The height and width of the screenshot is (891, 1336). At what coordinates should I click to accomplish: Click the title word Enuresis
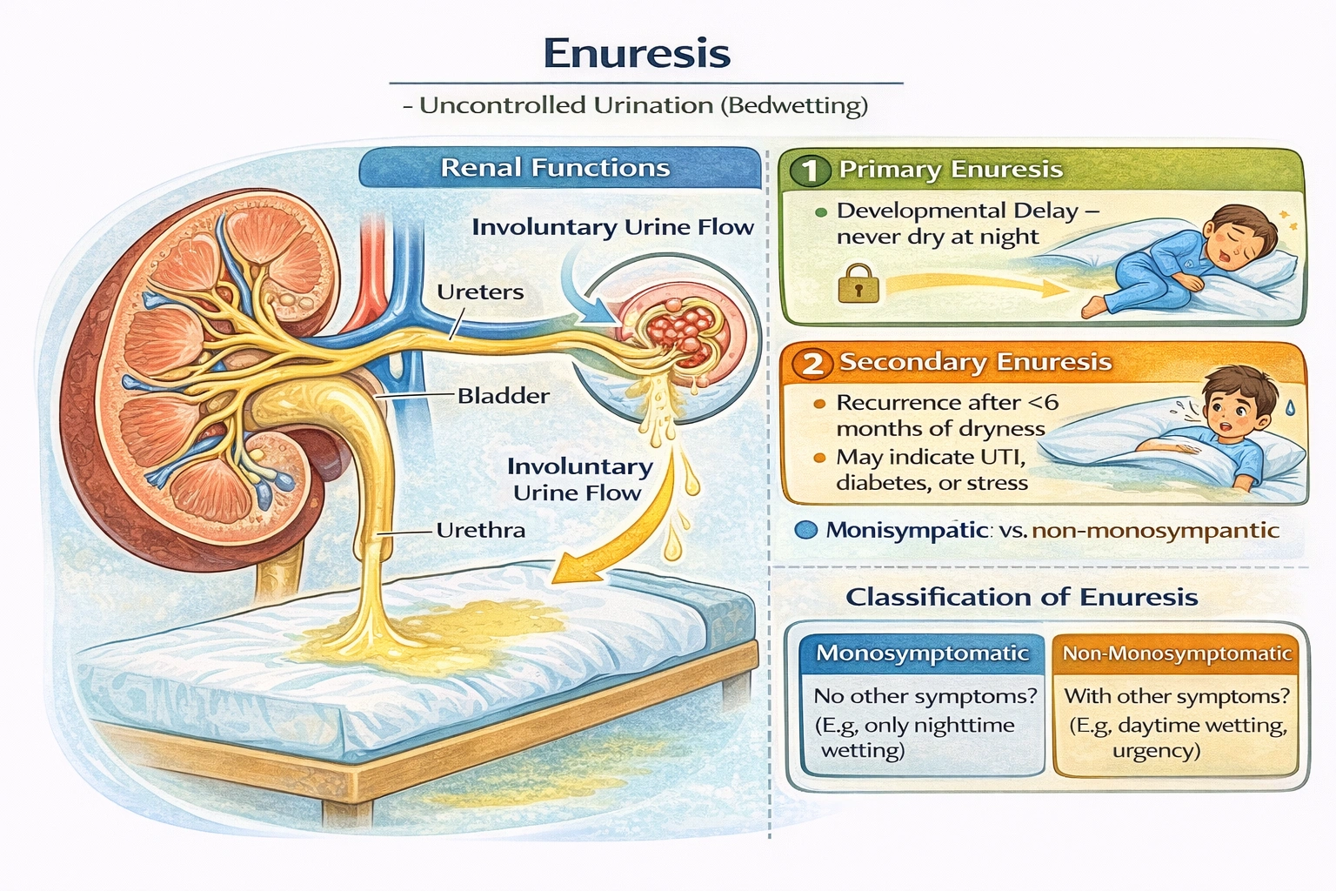click(x=637, y=53)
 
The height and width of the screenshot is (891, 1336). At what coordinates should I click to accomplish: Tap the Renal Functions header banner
click(x=557, y=167)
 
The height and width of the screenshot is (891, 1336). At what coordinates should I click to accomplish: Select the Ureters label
click(x=480, y=291)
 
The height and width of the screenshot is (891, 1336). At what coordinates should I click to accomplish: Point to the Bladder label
click(x=504, y=396)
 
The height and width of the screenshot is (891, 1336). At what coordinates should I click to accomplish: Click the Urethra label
click(x=481, y=530)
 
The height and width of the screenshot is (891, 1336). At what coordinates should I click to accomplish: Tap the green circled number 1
click(x=810, y=170)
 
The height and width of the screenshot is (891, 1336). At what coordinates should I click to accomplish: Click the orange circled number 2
click(x=812, y=362)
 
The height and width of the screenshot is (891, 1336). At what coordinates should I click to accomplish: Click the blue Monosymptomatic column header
click(x=922, y=653)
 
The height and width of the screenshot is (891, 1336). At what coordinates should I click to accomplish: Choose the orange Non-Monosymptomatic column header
click(x=1177, y=653)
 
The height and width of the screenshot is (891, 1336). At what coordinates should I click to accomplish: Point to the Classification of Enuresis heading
click(x=1022, y=597)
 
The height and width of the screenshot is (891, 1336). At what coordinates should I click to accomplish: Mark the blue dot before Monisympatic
click(x=806, y=530)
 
